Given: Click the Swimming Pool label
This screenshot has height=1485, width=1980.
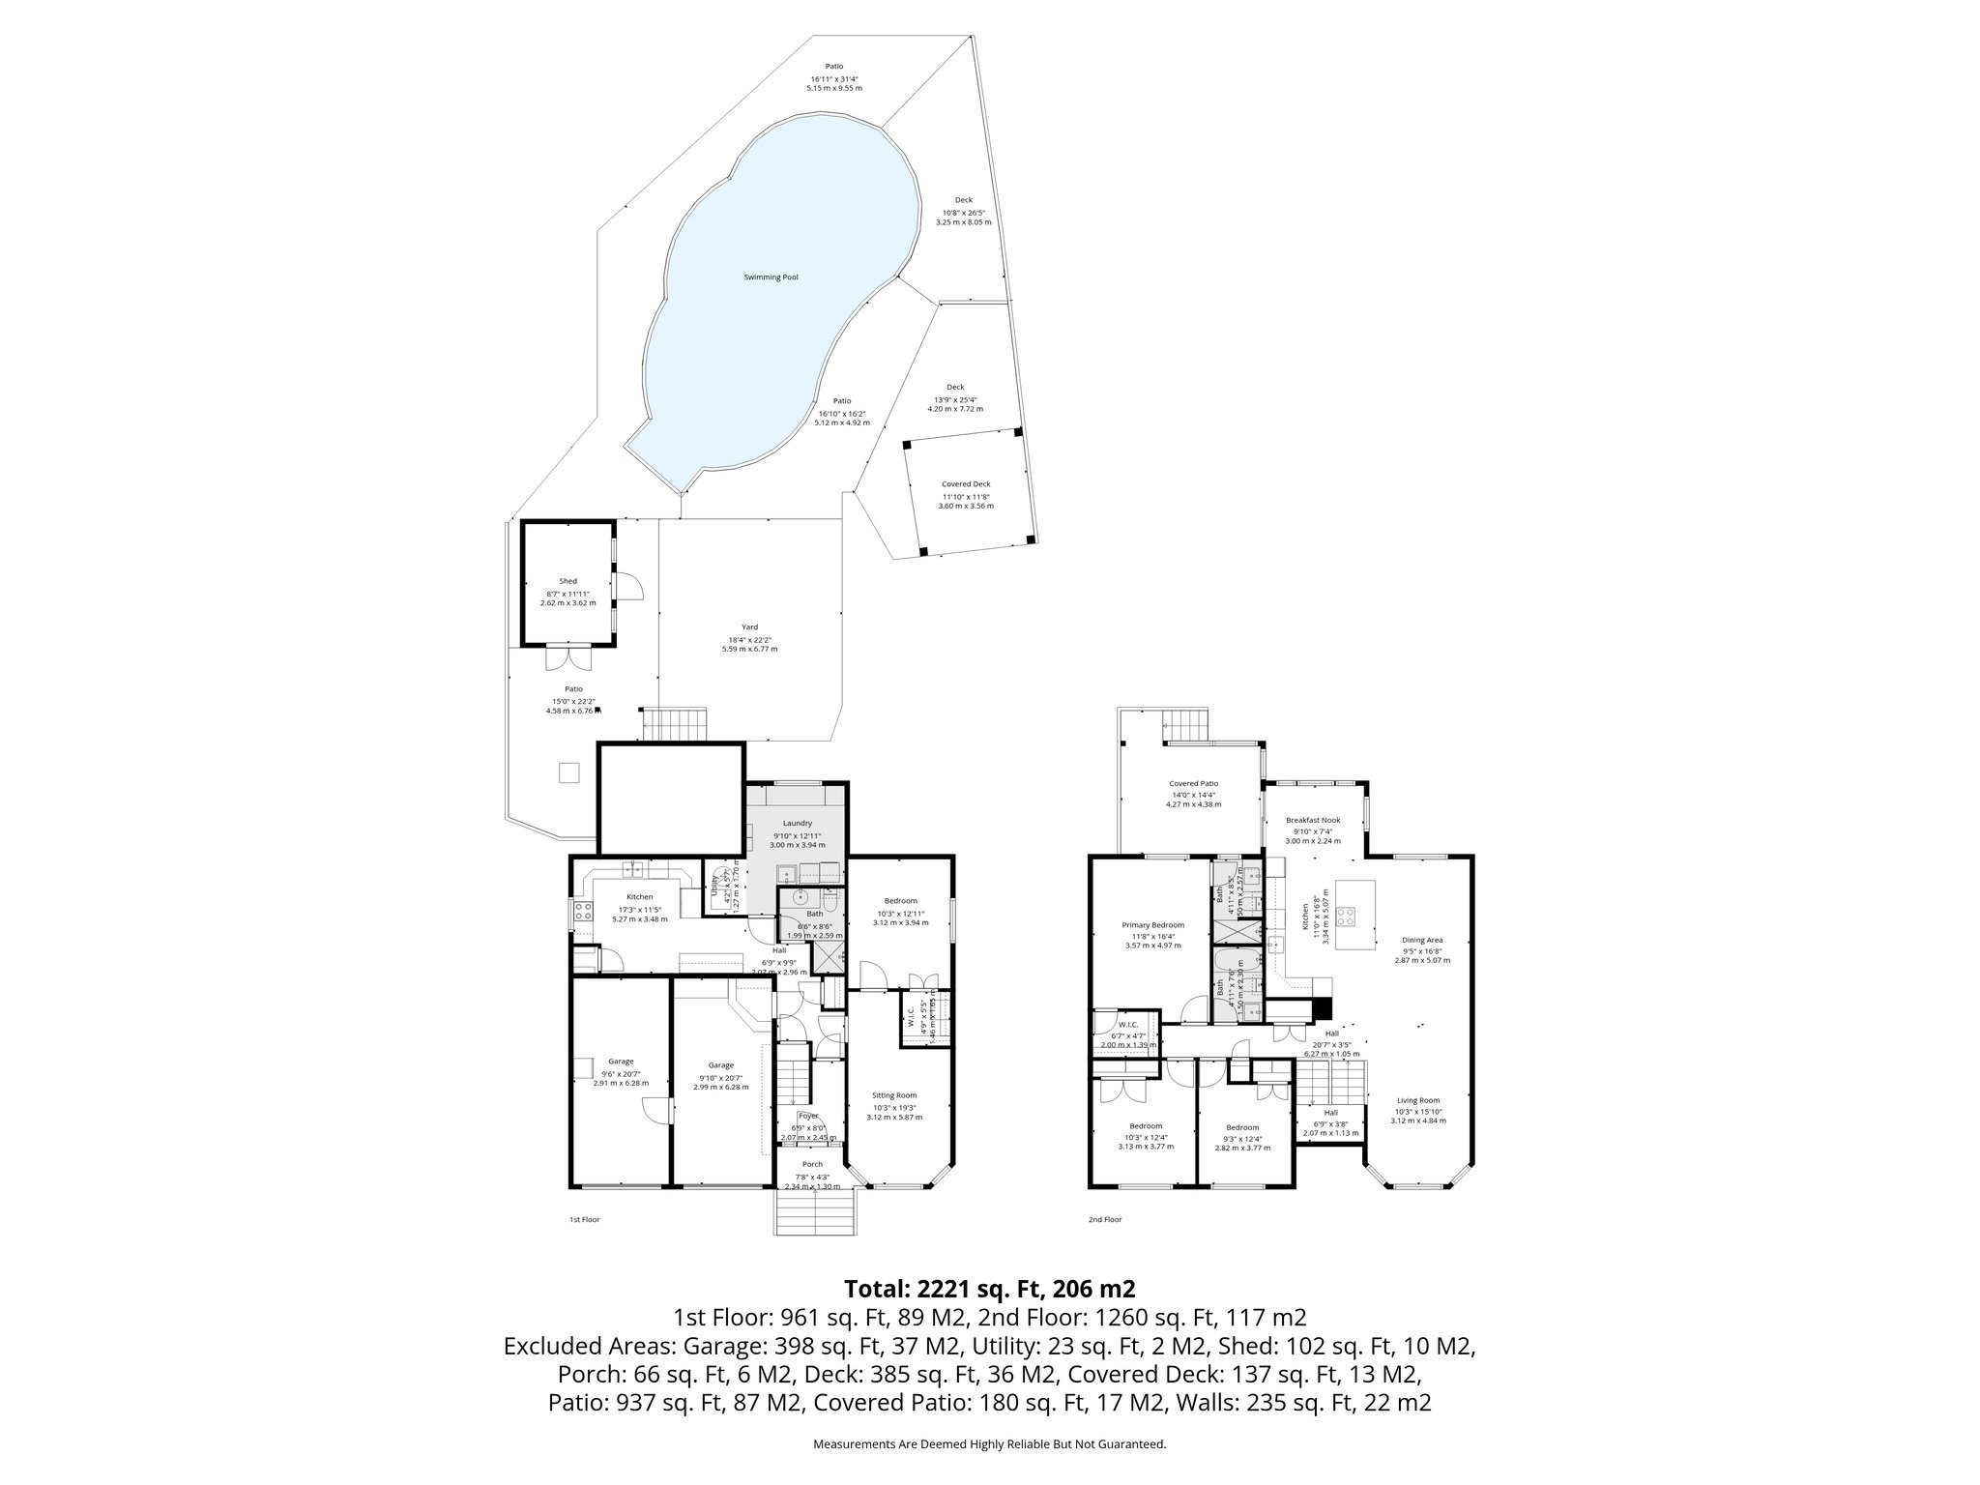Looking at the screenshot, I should (x=771, y=277).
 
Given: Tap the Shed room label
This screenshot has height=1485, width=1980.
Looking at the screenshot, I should (x=568, y=581).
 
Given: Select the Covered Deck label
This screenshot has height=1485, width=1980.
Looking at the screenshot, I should (x=966, y=484).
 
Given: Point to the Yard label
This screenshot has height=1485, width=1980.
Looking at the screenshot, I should (x=749, y=627).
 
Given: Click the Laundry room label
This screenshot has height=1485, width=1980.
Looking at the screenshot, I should (x=797, y=824).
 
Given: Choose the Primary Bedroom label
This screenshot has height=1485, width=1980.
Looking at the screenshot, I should (x=1152, y=924).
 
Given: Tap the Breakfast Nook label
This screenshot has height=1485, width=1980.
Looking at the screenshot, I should (x=1312, y=820).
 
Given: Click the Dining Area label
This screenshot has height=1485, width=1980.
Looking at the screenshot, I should (x=1422, y=940).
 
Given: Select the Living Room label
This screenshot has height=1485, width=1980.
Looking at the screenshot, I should (x=1417, y=1100).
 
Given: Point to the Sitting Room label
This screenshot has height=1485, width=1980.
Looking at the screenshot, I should (x=893, y=1095).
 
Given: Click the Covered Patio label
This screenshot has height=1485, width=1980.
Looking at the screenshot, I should (x=1193, y=784).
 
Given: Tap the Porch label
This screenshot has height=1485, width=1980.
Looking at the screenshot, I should (x=813, y=1164).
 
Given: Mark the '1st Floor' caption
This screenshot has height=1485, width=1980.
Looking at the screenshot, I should (x=584, y=1219).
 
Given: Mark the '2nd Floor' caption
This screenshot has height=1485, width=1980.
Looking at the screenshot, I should (x=1104, y=1219).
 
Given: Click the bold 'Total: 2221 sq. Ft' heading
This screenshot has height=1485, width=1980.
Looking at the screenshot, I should (x=989, y=1289).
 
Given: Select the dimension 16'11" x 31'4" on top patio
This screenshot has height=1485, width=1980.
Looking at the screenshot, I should (x=833, y=79).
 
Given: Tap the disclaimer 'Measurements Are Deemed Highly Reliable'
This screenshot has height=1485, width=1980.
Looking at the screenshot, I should (x=989, y=1443).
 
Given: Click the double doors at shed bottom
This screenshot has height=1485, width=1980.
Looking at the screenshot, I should (x=567, y=658).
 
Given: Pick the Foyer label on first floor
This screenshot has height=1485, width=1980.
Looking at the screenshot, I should (x=808, y=1116).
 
